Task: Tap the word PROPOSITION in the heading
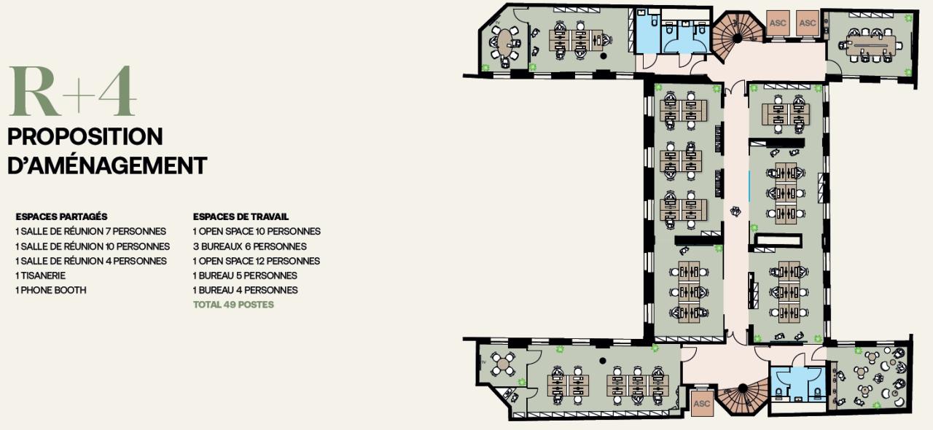[85, 136]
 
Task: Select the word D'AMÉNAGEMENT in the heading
[107, 165]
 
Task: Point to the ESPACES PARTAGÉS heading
[61, 216]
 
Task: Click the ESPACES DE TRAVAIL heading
[241, 216]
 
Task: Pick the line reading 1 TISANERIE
[40, 275]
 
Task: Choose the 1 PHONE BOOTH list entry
[50, 290]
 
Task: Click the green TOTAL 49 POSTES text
[233, 305]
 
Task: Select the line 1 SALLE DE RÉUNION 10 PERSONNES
[93, 246]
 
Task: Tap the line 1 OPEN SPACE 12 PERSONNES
[256, 261]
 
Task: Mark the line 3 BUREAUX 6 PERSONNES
[249, 246]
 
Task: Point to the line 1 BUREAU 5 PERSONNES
[245, 275]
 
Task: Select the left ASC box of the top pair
[778, 23]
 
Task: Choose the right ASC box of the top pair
[808, 23]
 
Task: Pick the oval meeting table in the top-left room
[504, 42]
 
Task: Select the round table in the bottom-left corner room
[502, 363]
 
